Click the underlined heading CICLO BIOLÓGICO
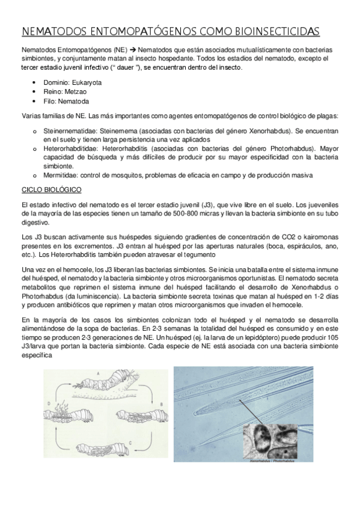pos(51,189)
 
